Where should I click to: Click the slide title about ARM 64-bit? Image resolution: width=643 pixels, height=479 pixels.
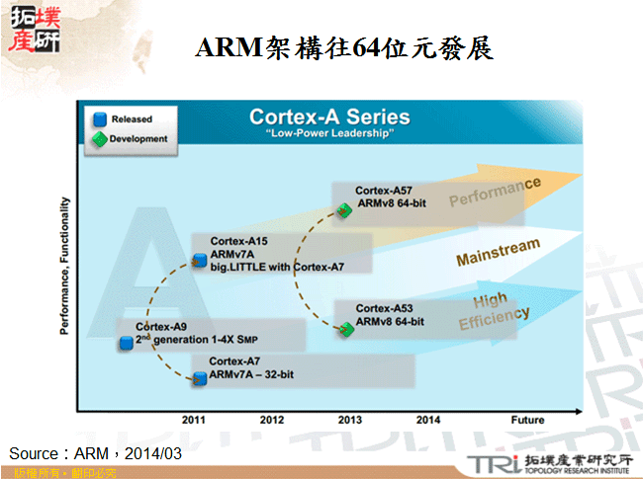[x=345, y=47]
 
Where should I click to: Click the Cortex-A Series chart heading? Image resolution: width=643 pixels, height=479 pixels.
[x=329, y=117]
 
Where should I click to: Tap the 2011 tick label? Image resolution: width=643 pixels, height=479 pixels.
[x=194, y=419]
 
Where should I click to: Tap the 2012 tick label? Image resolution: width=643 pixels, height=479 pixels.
[x=272, y=419]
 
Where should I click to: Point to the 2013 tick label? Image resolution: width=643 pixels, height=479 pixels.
[x=350, y=419]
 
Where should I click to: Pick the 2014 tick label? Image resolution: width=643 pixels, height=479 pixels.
[x=428, y=419]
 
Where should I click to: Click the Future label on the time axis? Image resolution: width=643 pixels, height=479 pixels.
[x=527, y=419]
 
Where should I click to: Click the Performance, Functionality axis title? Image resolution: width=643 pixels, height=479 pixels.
[x=66, y=265]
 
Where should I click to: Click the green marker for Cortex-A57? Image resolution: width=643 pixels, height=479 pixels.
[x=344, y=209]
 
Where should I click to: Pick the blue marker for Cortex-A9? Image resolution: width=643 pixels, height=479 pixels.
[x=127, y=343]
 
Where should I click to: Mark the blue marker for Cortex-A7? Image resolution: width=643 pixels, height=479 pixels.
[x=199, y=378]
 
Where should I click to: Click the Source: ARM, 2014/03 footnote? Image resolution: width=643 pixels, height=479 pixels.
[x=96, y=452]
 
